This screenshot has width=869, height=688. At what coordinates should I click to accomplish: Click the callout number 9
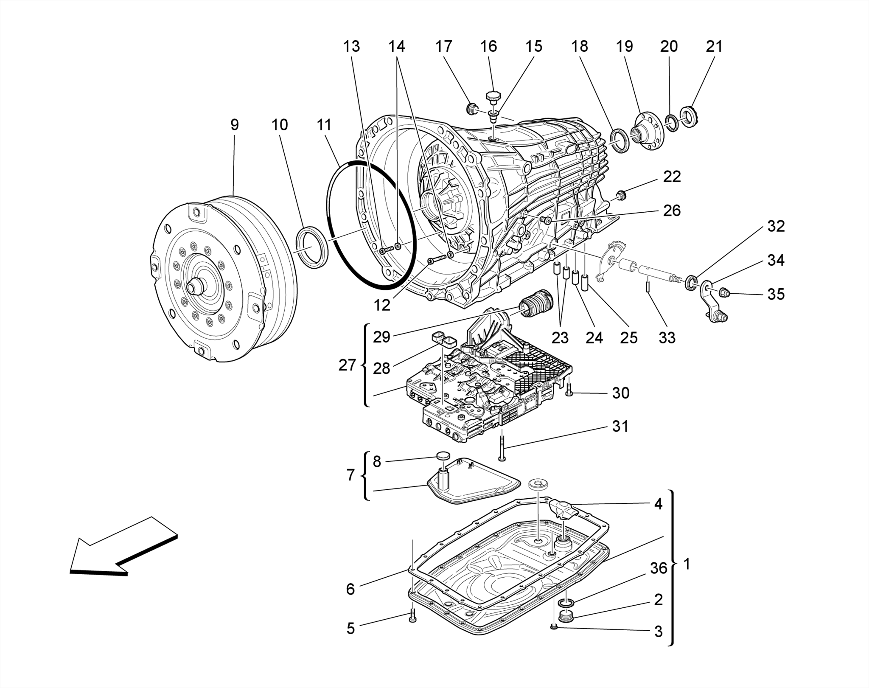point(234,125)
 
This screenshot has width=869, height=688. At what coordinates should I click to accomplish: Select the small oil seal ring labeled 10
point(312,247)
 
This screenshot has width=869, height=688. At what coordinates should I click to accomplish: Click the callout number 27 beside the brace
point(347,365)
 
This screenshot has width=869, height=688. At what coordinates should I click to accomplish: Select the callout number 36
point(659,568)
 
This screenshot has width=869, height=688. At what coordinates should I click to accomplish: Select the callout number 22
point(672,177)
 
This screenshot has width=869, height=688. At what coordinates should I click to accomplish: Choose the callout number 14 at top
point(396,46)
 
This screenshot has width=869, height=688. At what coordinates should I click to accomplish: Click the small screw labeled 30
point(569,390)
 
